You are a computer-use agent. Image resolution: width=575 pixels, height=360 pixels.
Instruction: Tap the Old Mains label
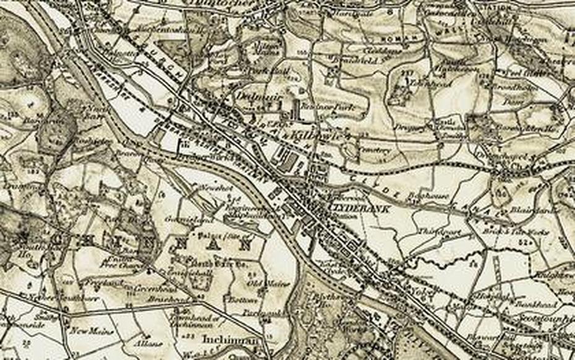coord(261,283)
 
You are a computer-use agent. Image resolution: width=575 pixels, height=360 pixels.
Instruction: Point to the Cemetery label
coord(375,149)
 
